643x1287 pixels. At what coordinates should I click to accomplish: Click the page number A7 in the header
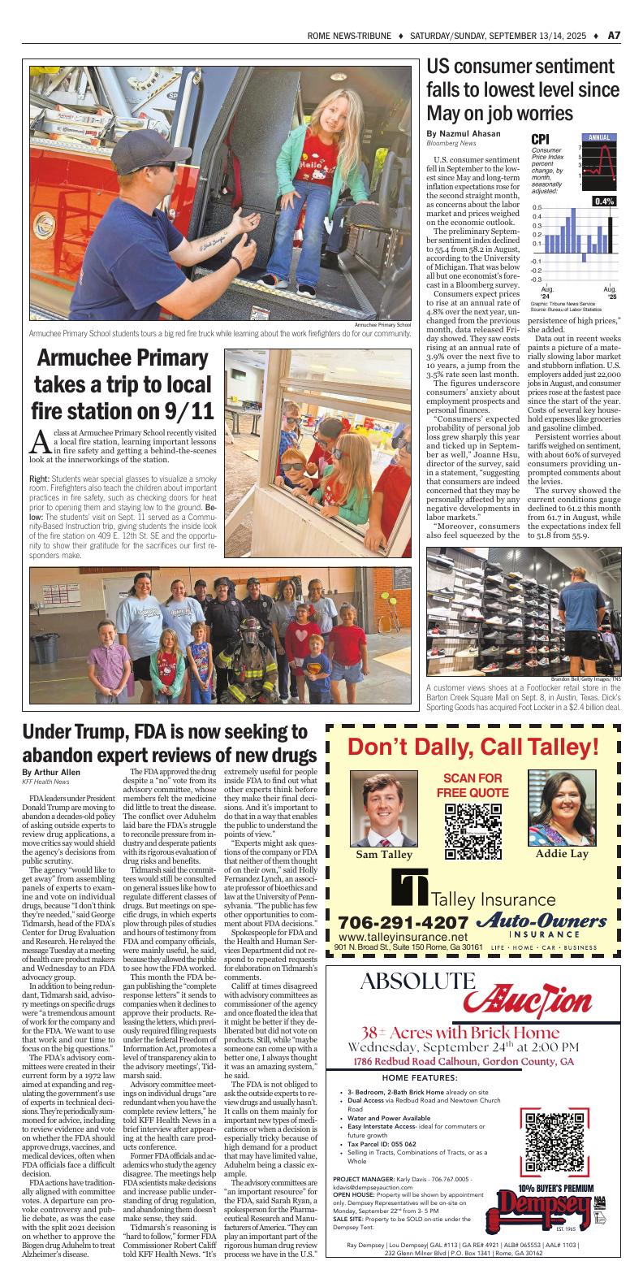615,35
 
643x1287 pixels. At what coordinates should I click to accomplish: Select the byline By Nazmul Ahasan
464,133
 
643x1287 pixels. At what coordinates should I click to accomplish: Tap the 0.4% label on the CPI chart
604,201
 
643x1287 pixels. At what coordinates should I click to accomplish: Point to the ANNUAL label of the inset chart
598,138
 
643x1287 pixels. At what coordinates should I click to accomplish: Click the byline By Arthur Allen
51,771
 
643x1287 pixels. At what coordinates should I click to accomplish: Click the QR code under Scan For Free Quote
473,831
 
